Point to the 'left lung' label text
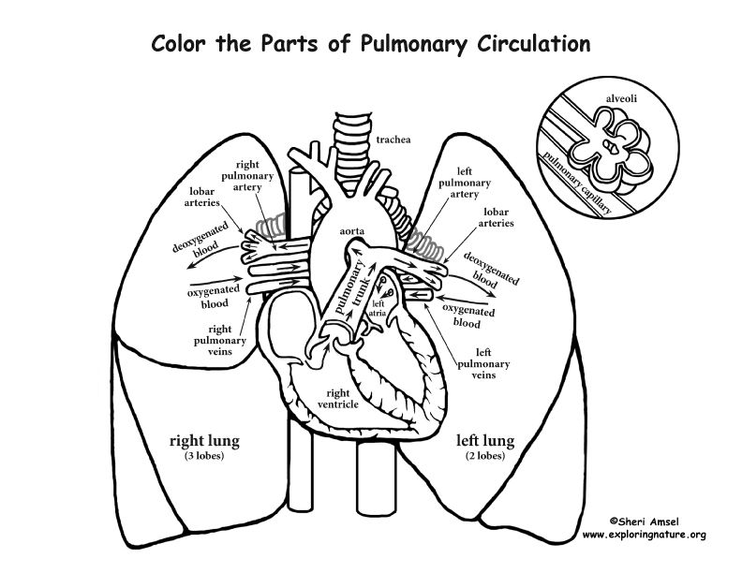point(481,439)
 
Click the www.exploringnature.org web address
point(644,535)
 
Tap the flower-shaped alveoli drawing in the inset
point(610,151)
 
